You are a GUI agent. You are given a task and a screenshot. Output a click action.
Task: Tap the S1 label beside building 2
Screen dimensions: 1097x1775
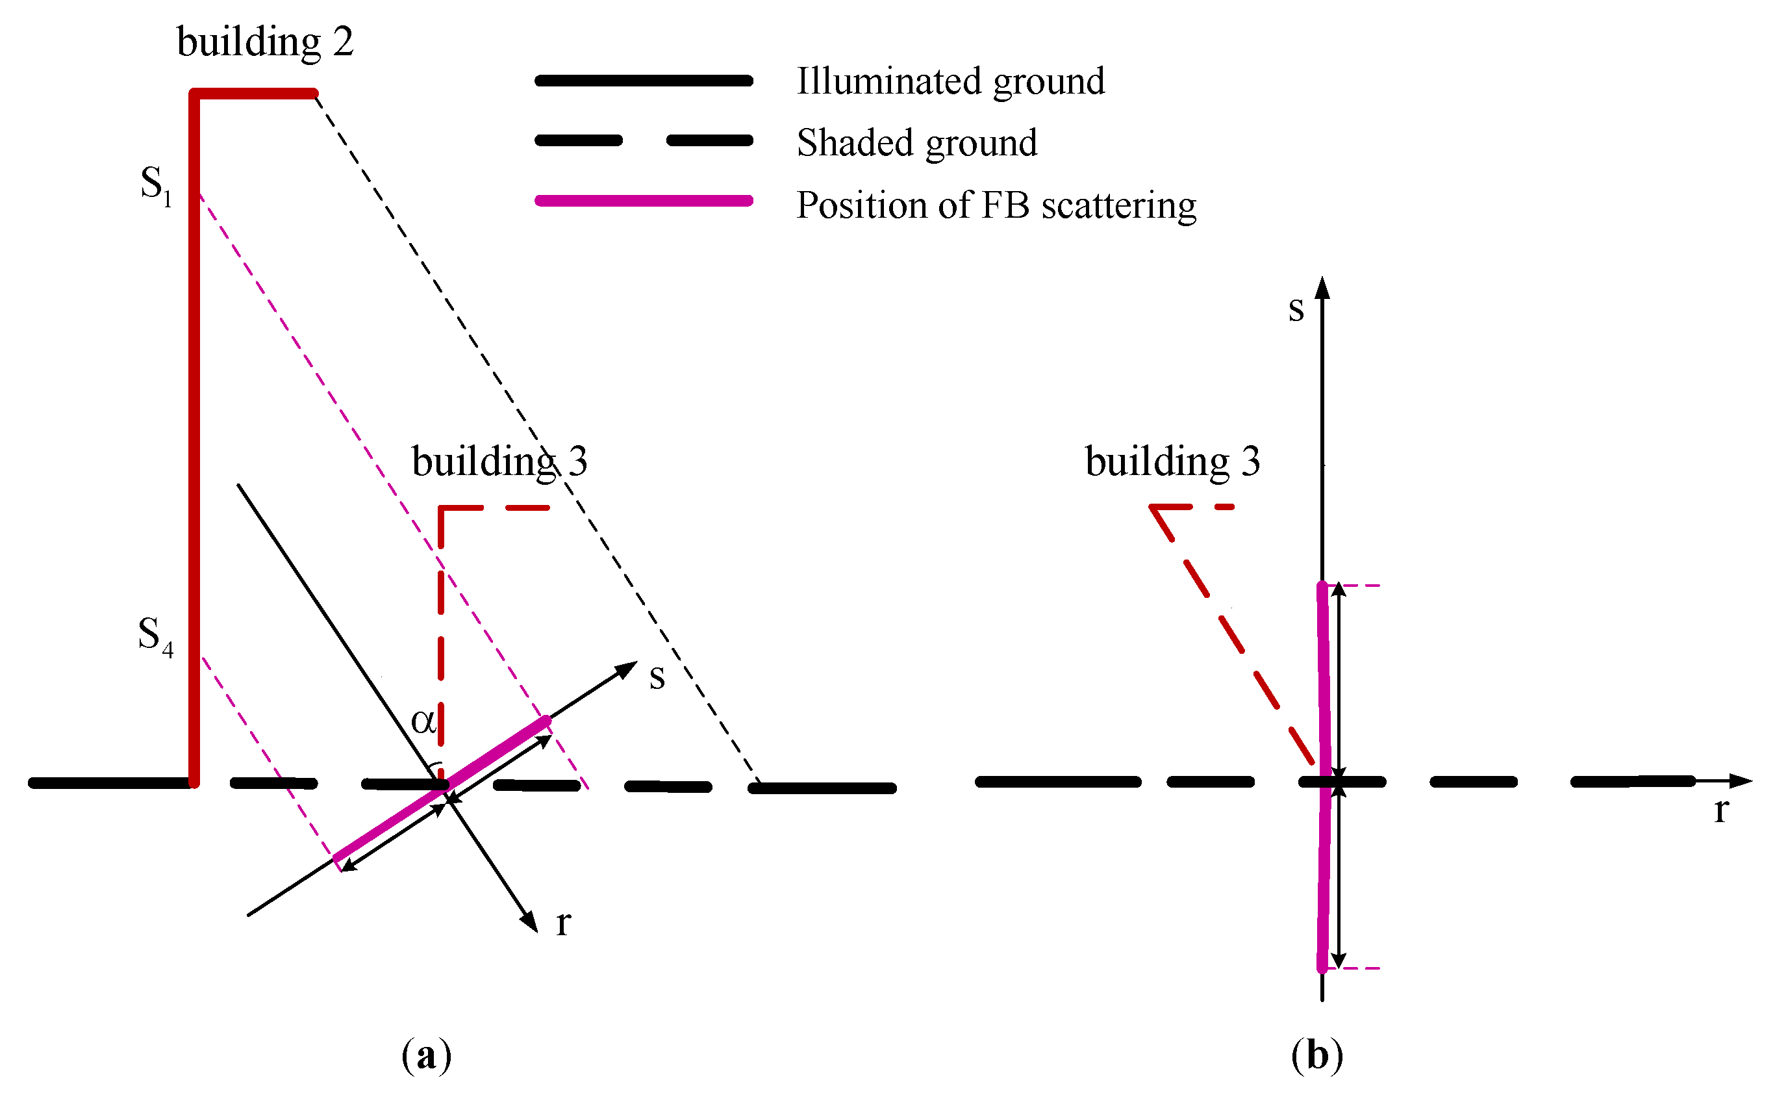point(156,185)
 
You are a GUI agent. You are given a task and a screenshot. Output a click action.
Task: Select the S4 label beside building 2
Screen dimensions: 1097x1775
point(155,636)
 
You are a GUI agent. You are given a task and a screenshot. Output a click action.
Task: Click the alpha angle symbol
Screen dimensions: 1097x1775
point(423,721)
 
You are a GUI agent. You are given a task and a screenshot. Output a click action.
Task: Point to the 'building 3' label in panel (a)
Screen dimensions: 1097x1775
point(499,461)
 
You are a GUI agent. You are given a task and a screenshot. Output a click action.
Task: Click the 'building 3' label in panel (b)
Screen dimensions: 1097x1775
point(1172,461)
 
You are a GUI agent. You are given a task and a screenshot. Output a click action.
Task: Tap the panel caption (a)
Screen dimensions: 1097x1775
point(426,1055)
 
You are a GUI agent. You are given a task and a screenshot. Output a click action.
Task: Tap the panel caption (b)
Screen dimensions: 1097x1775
point(1316,1055)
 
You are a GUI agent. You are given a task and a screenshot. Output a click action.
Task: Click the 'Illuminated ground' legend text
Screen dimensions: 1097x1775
point(950,81)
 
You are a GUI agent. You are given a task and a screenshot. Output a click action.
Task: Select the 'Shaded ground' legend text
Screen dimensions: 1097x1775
point(916,143)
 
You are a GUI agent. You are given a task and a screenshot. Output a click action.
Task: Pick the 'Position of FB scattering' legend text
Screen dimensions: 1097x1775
point(996,205)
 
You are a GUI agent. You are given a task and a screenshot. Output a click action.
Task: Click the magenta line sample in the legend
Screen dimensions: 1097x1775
point(643,201)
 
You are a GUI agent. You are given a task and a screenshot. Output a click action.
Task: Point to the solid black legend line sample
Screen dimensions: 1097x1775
point(643,81)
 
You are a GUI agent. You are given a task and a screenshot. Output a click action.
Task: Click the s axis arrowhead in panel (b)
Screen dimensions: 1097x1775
point(1322,287)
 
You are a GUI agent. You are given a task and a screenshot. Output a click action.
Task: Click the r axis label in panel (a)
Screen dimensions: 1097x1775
point(563,923)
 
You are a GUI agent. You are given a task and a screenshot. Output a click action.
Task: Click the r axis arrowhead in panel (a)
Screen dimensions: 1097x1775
point(531,922)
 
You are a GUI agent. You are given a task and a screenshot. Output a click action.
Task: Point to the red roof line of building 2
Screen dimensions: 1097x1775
point(254,94)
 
